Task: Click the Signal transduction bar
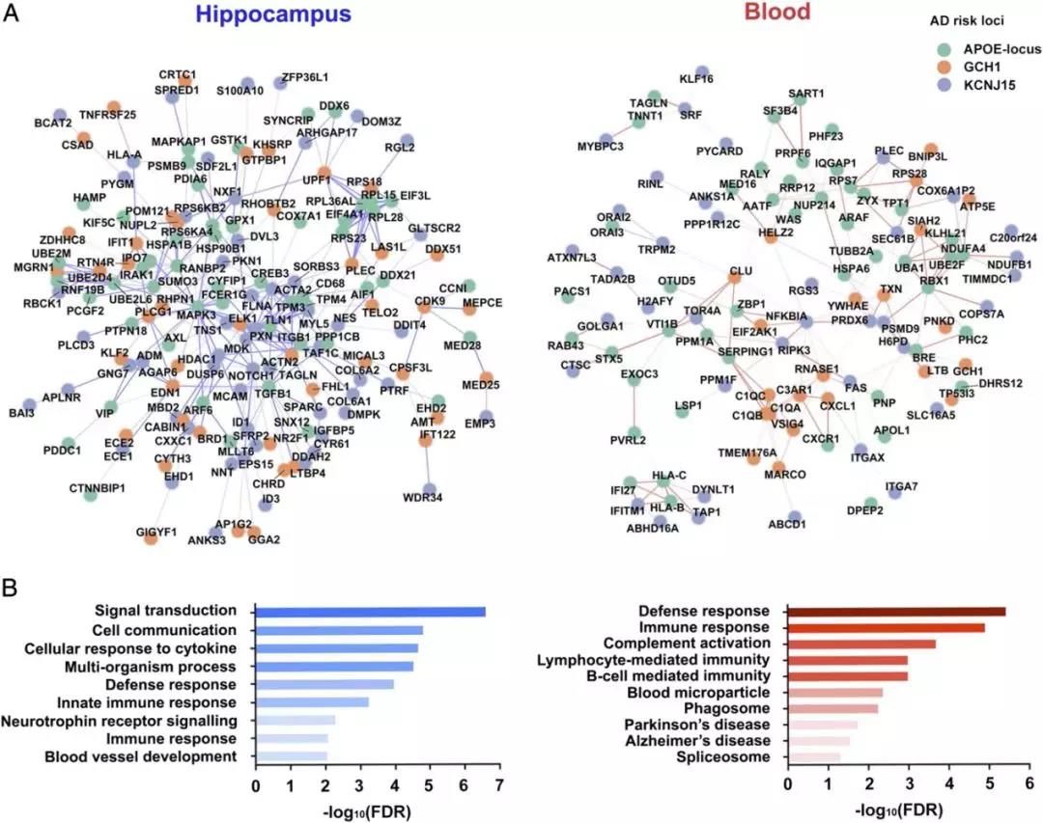pyautogui.click(x=370, y=611)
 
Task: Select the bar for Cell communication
pyautogui.click(x=339, y=630)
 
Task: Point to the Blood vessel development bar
pyautogui.click(x=291, y=757)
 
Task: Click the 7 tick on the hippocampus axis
pyautogui.click(x=498, y=787)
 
